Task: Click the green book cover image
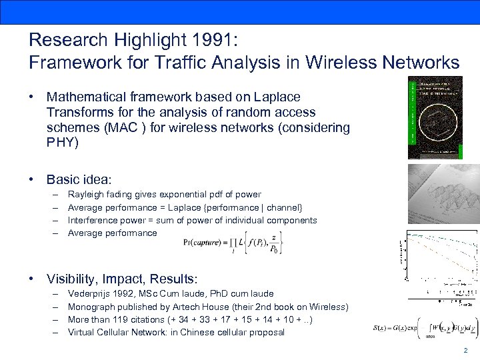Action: (x=435, y=117)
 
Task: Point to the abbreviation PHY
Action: (x=62, y=142)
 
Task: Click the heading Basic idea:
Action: (x=79, y=179)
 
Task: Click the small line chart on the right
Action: (x=441, y=257)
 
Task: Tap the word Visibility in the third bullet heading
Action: (x=73, y=278)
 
